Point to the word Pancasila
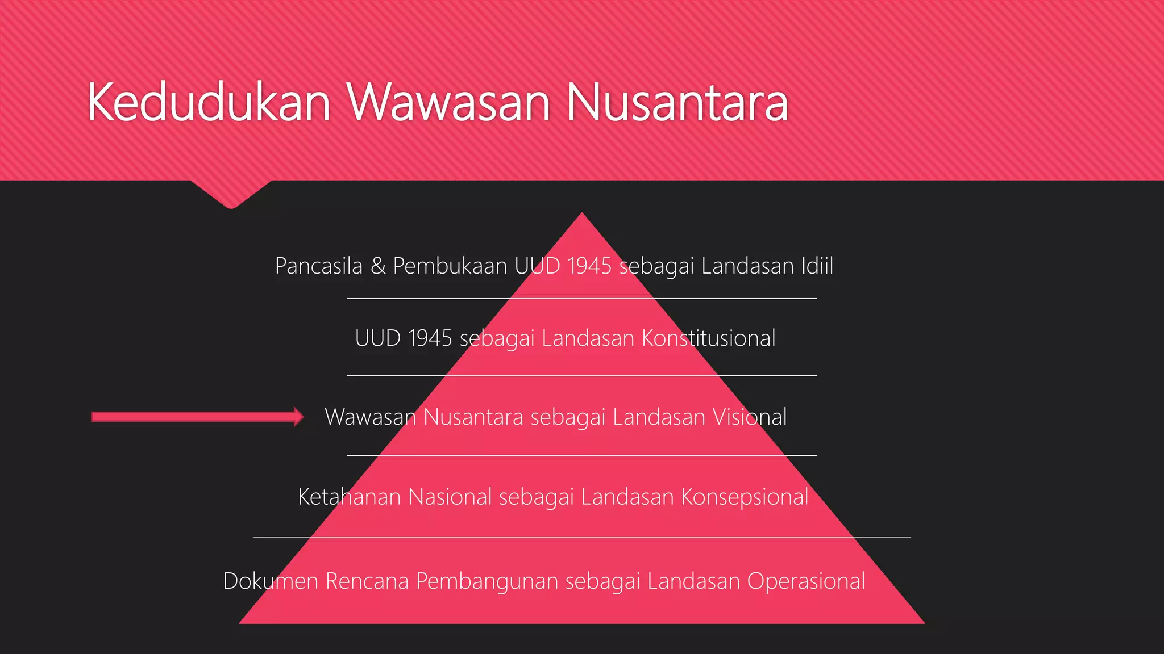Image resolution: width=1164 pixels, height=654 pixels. pos(318,266)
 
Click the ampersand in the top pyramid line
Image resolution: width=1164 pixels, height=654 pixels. pos(378,266)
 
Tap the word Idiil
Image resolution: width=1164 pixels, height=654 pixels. pos(817,266)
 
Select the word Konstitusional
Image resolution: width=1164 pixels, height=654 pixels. pos(708,338)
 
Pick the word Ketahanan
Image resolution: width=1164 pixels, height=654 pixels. pos(350,497)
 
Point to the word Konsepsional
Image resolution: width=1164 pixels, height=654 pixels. pos(745,497)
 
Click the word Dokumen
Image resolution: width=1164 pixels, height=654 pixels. pos(271,581)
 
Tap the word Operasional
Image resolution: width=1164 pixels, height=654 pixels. pos(806,581)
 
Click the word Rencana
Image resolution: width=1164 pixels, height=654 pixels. pos(367,581)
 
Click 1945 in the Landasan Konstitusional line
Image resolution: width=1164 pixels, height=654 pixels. pos(430,338)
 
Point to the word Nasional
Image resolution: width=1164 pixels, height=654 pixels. pos(450,497)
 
